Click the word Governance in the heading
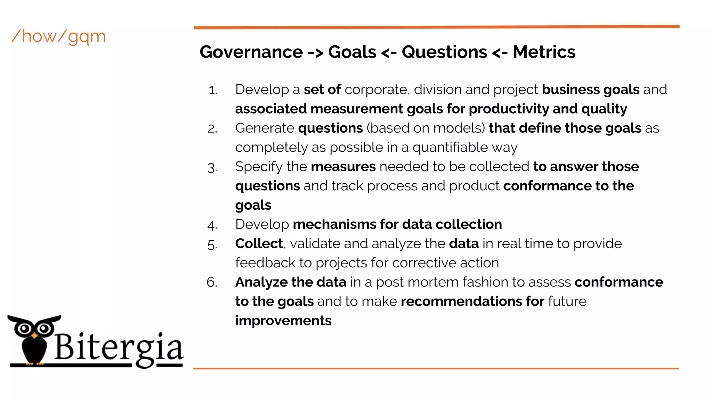click(x=251, y=52)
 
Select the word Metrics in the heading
click(x=544, y=52)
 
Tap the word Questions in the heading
click(x=444, y=52)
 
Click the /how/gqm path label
click(x=58, y=36)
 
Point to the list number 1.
click(x=213, y=91)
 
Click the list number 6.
click(x=212, y=282)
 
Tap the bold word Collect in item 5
click(x=259, y=244)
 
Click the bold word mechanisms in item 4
click(x=334, y=225)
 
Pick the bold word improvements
click(x=283, y=321)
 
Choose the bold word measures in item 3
click(x=343, y=167)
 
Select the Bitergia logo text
click(x=118, y=347)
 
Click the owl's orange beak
click(x=34, y=336)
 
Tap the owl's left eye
click(x=24, y=328)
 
